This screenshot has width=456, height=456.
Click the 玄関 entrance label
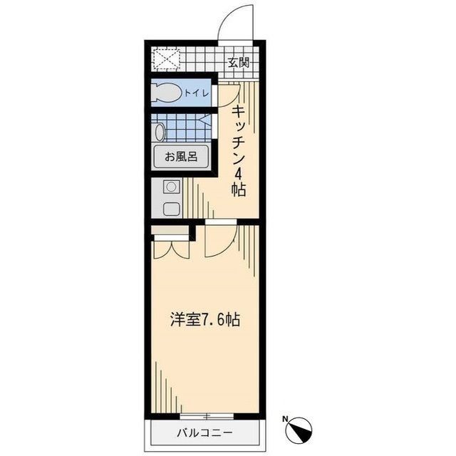click(x=238, y=61)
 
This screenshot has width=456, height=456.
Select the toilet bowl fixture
click(x=168, y=93)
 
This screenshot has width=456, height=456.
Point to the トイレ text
click(x=196, y=93)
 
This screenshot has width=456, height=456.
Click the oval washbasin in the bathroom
click(x=160, y=131)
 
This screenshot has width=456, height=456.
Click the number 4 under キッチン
click(x=238, y=173)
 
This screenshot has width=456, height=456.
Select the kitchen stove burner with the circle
click(x=171, y=188)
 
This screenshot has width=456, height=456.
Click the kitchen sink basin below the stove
click(x=171, y=209)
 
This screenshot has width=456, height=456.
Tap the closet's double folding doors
click(x=170, y=246)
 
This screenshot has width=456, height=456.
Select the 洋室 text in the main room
click(x=184, y=320)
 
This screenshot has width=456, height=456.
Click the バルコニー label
click(x=205, y=432)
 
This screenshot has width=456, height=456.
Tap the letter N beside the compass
click(x=285, y=419)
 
